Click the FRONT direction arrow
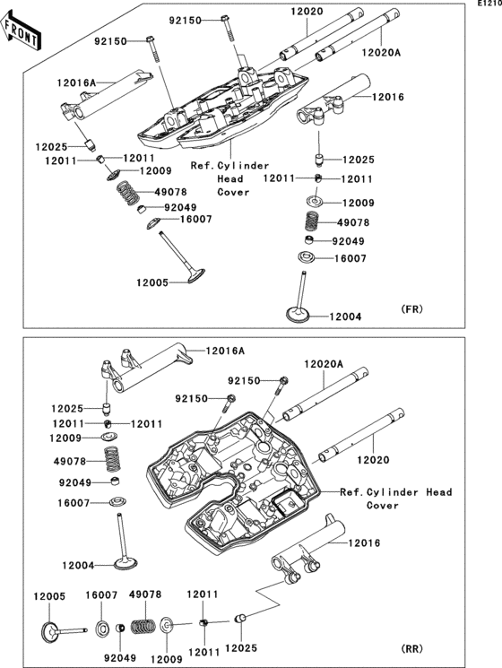pos(21,31)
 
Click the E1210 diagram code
pos(489,4)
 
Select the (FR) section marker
pos(412,308)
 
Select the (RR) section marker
pos(412,649)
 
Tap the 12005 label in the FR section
pos(152,282)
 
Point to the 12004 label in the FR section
pos(345,317)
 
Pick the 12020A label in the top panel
pos(381,52)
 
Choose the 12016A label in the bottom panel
pos(225,351)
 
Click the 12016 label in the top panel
pos(388,97)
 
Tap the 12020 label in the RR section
pos(373,460)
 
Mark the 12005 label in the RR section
pos(50,596)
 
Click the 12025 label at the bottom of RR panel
pos(241,648)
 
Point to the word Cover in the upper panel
pos(233,192)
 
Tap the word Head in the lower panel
pos(439,492)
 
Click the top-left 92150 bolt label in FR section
pos(110,41)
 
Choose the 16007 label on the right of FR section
pos(350,258)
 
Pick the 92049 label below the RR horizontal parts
pos(120,657)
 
